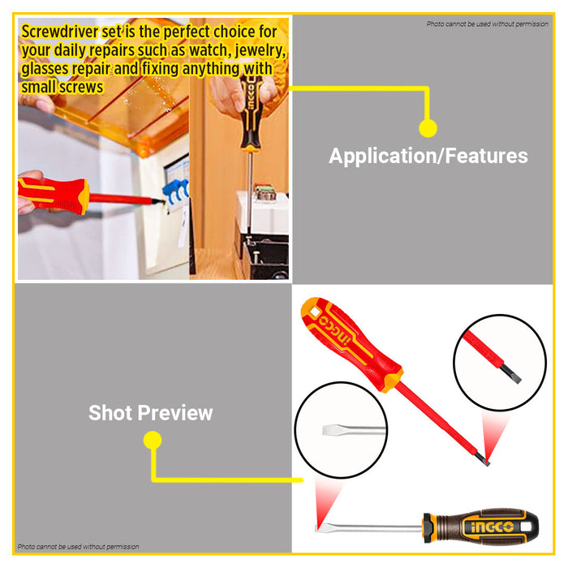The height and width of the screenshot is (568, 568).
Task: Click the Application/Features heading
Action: (428, 156)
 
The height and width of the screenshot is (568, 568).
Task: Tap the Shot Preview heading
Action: (150, 412)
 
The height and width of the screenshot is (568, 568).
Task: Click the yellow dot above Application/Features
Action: (428, 128)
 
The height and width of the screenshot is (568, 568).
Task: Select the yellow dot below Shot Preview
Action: (153, 440)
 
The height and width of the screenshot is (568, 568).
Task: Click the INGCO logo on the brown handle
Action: (492, 527)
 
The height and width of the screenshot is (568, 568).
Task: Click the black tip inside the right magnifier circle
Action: (511, 374)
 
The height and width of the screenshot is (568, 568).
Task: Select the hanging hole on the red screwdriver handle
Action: (314, 312)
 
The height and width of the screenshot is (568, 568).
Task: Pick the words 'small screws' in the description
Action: (62, 88)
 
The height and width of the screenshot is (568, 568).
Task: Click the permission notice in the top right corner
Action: (487, 24)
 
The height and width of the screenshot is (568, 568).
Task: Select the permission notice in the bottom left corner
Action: (78, 546)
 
